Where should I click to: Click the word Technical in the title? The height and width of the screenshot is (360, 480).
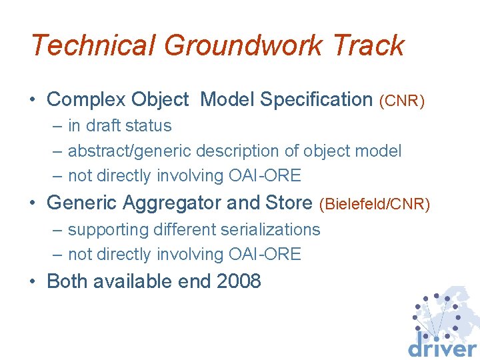pos(93,45)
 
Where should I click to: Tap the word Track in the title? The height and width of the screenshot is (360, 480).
pos(370,45)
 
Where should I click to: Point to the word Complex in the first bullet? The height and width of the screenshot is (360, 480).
pos(87,100)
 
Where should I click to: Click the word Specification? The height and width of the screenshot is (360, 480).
pos(317,100)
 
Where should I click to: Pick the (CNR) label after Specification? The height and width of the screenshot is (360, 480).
pos(401,101)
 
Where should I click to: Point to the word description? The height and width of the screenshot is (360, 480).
pos(252,151)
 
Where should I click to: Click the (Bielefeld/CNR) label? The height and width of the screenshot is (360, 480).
pos(375,203)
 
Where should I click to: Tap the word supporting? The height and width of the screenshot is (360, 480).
pos(107,230)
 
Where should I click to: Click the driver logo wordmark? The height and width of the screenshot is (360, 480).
pos(442,347)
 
